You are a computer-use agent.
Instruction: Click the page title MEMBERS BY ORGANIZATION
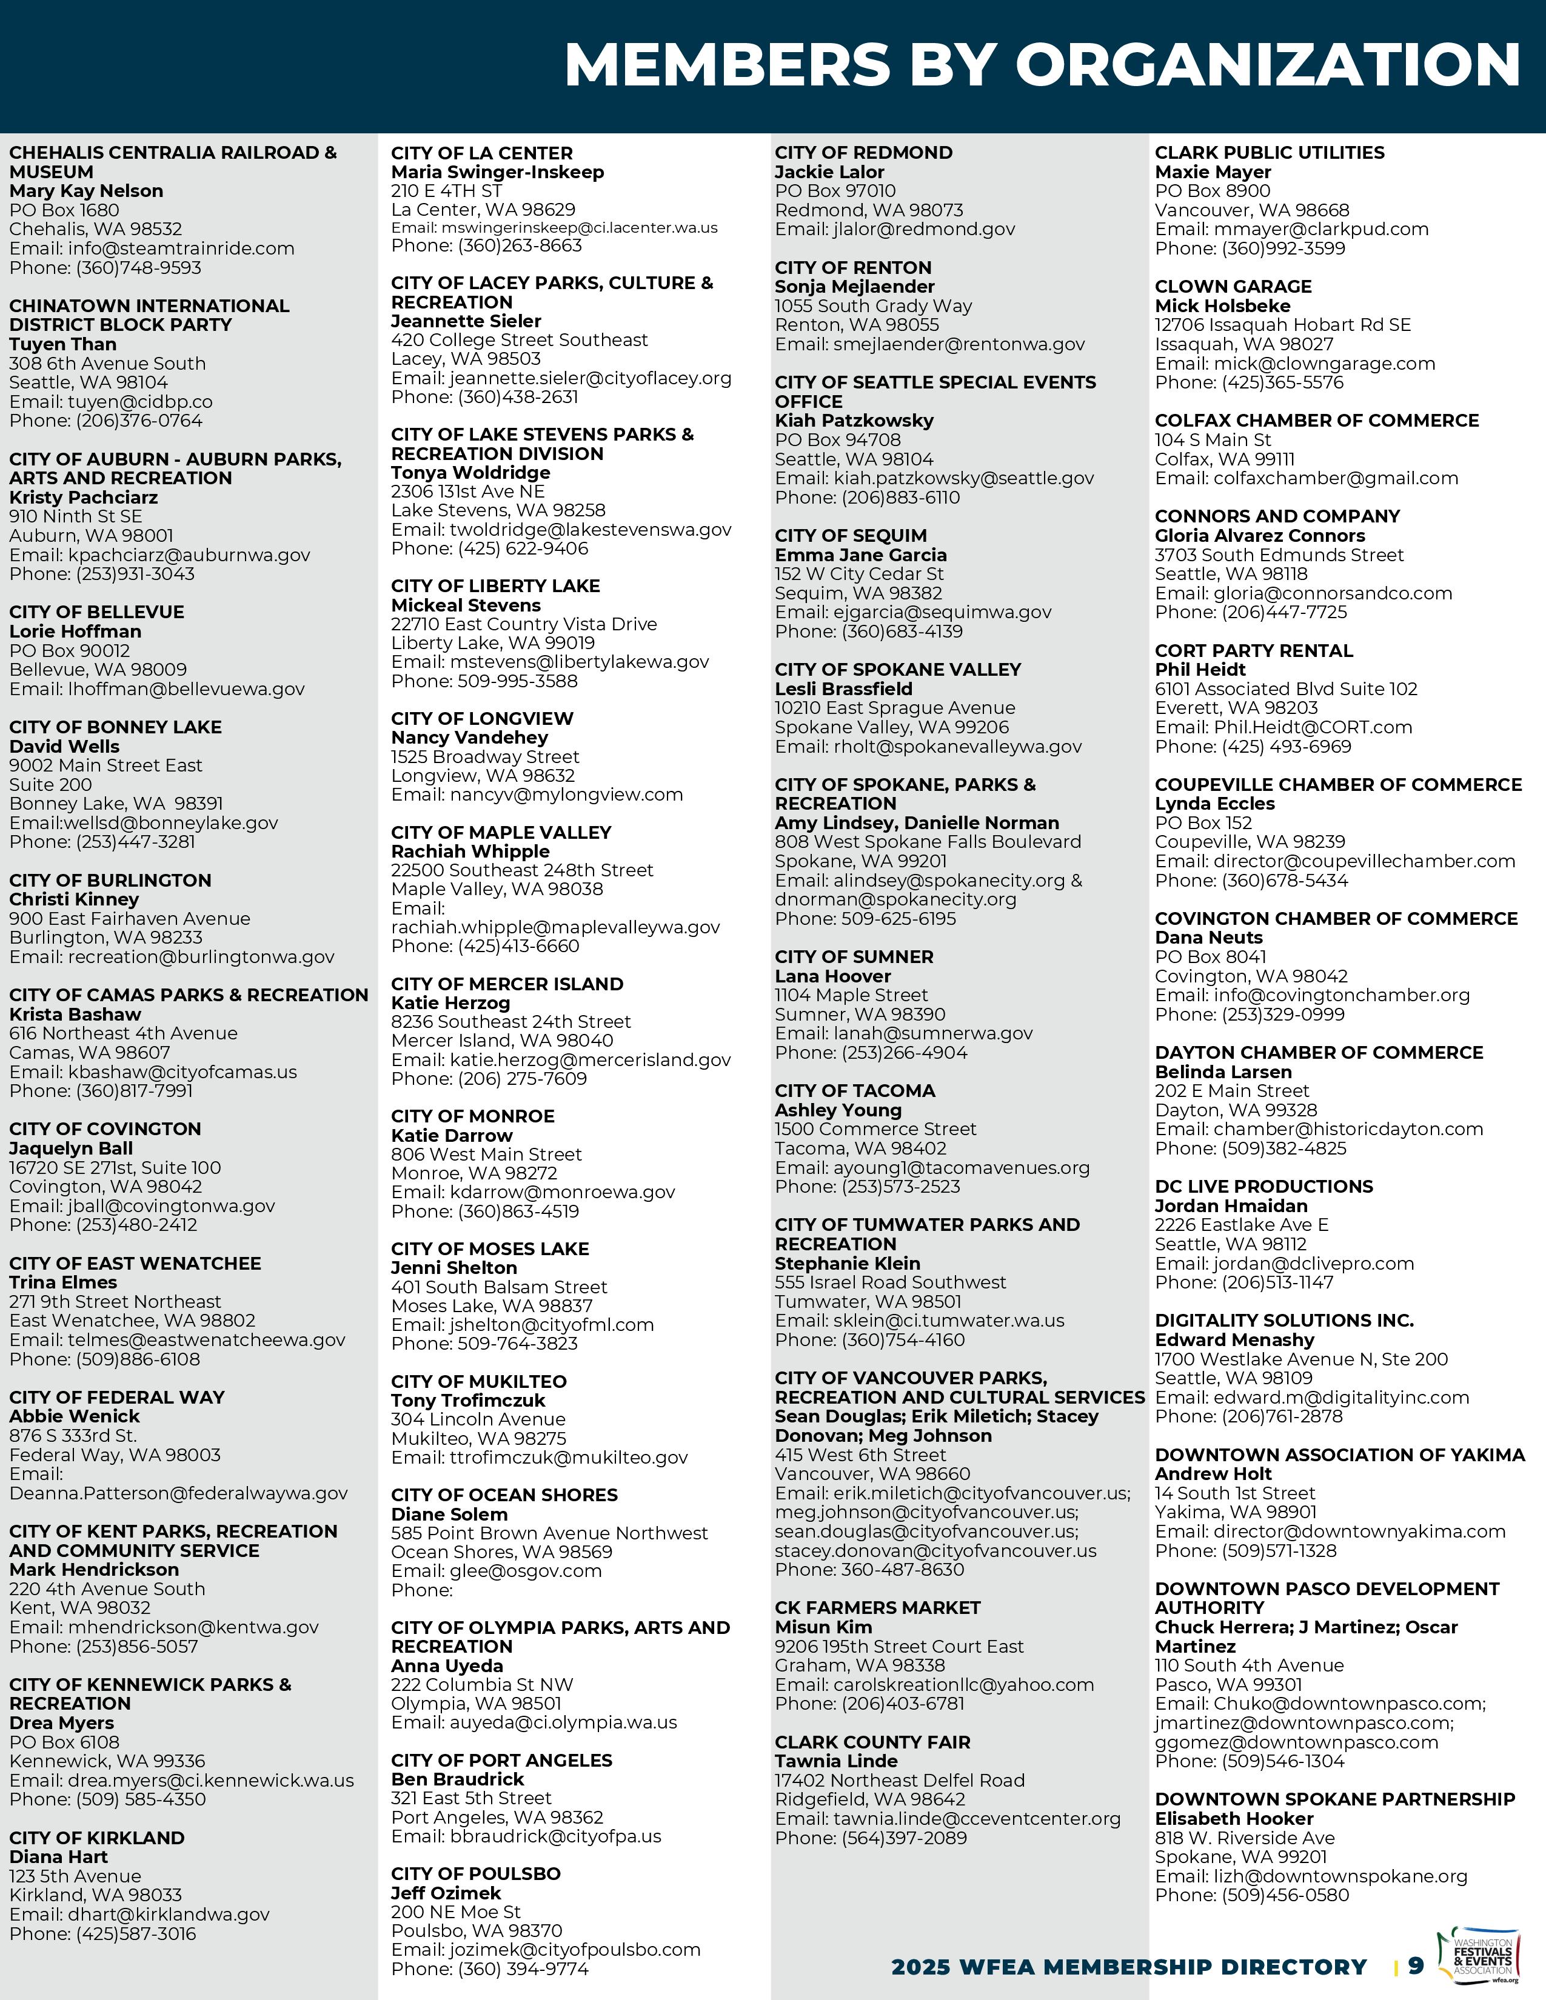tap(1042, 65)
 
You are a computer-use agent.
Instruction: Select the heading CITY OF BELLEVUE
tap(97, 612)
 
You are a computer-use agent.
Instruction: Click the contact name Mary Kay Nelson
tap(86, 190)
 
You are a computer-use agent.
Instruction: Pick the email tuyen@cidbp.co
tap(140, 401)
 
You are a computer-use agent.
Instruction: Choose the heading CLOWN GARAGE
tap(1233, 287)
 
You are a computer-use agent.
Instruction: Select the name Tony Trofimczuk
tap(468, 1400)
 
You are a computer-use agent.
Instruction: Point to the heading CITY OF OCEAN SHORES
tap(504, 1495)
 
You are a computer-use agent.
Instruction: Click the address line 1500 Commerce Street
tap(875, 1129)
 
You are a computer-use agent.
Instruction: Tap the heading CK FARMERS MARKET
tap(877, 1608)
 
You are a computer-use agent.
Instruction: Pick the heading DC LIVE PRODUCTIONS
tap(1264, 1187)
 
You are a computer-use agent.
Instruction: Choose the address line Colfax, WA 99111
tap(1225, 459)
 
